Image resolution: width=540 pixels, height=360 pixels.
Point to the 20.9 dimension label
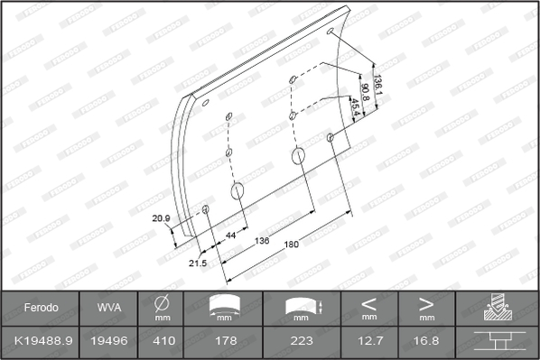pyautogui.click(x=162, y=218)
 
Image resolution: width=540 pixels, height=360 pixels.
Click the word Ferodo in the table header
pyautogui.click(x=41, y=308)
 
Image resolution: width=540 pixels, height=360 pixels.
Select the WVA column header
pyautogui.click(x=109, y=308)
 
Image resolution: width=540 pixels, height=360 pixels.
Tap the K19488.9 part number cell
pyautogui.click(x=41, y=342)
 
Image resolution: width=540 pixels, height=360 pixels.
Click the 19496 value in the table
pyautogui.click(x=109, y=342)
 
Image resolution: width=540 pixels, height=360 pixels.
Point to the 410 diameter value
pyautogui.click(x=163, y=342)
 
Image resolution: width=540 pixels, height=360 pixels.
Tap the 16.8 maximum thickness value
pyautogui.click(x=427, y=342)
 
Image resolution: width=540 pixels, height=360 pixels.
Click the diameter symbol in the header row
pyautogui.click(x=163, y=303)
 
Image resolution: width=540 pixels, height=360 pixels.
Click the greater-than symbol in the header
pyautogui.click(x=427, y=302)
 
